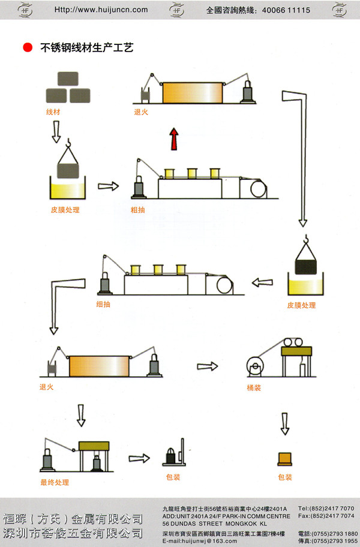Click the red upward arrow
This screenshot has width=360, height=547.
(174, 138)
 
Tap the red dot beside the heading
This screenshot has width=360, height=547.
(27, 48)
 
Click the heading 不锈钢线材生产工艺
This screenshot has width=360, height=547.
(86, 48)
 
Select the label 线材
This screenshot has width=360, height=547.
(53, 112)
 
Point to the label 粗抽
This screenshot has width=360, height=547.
(137, 210)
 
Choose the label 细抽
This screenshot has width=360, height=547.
(103, 304)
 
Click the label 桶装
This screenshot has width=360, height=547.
(254, 387)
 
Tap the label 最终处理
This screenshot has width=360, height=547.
(55, 482)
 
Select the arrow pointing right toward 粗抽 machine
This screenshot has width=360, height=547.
(108, 187)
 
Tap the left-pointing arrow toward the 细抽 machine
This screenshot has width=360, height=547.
(262, 282)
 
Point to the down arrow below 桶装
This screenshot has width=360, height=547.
(285, 423)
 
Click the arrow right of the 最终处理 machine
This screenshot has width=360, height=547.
(140, 458)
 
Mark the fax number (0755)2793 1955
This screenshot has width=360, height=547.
(335, 540)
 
